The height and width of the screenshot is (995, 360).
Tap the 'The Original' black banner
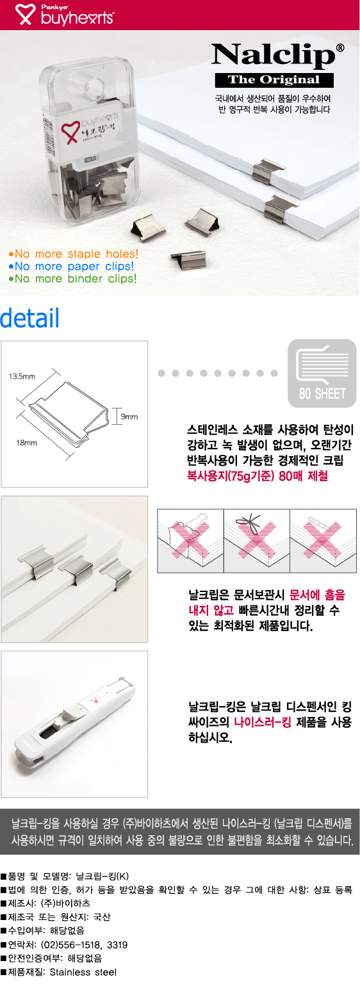(x=274, y=80)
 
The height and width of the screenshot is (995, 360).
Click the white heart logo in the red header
(x=24, y=14)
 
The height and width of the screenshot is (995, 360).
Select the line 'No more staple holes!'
(x=73, y=254)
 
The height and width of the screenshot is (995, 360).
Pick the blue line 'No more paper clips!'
(x=71, y=267)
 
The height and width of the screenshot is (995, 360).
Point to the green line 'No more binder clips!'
(x=72, y=279)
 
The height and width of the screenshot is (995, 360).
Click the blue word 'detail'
(x=29, y=318)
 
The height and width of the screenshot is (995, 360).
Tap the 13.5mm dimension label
(x=22, y=376)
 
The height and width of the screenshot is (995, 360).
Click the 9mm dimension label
(x=129, y=416)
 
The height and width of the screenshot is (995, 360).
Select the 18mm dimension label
(x=27, y=443)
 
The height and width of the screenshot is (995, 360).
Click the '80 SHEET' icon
(x=322, y=373)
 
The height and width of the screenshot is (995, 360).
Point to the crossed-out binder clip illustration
(x=190, y=541)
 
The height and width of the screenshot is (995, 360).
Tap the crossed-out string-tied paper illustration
(x=257, y=541)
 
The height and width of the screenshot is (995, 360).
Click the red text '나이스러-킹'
(x=263, y=722)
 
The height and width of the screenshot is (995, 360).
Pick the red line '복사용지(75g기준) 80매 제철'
(x=258, y=476)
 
